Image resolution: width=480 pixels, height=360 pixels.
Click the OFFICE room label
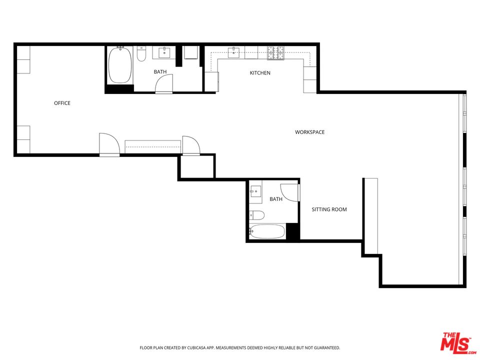click(x=62, y=103)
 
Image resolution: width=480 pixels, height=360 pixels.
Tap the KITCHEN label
click(x=260, y=73)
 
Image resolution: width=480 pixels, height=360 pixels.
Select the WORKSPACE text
click(x=309, y=132)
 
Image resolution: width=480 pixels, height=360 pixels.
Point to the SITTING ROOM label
click(x=329, y=209)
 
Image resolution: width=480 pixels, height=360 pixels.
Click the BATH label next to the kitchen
click(x=160, y=72)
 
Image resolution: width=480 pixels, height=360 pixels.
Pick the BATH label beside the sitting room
click(x=276, y=199)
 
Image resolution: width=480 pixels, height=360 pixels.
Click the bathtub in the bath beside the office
click(x=120, y=65)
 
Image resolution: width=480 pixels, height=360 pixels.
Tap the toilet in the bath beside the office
click(x=141, y=54)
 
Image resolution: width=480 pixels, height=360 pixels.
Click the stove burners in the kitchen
click(x=275, y=52)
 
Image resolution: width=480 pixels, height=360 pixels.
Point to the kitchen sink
click(x=233, y=52)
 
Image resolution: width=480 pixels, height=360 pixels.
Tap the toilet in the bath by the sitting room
click(x=257, y=215)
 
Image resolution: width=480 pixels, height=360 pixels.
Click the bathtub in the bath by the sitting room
click(x=267, y=231)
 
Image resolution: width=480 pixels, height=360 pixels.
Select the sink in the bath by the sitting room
click(x=255, y=191)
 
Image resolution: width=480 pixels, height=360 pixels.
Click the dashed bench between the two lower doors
click(x=152, y=145)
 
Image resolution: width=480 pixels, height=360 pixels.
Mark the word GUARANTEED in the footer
click(x=326, y=347)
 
